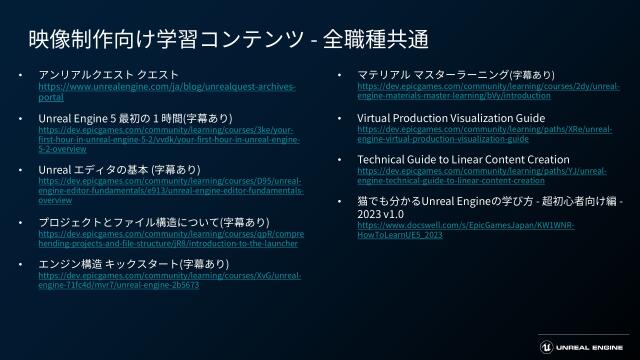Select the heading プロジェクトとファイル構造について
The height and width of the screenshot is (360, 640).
pyautogui.click(x=153, y=222)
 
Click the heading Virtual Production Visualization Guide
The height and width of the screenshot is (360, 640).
pyautogui.click(x=451, y=118)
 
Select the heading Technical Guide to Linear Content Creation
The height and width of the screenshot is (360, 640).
pyautogui.click(x=463, y=160)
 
